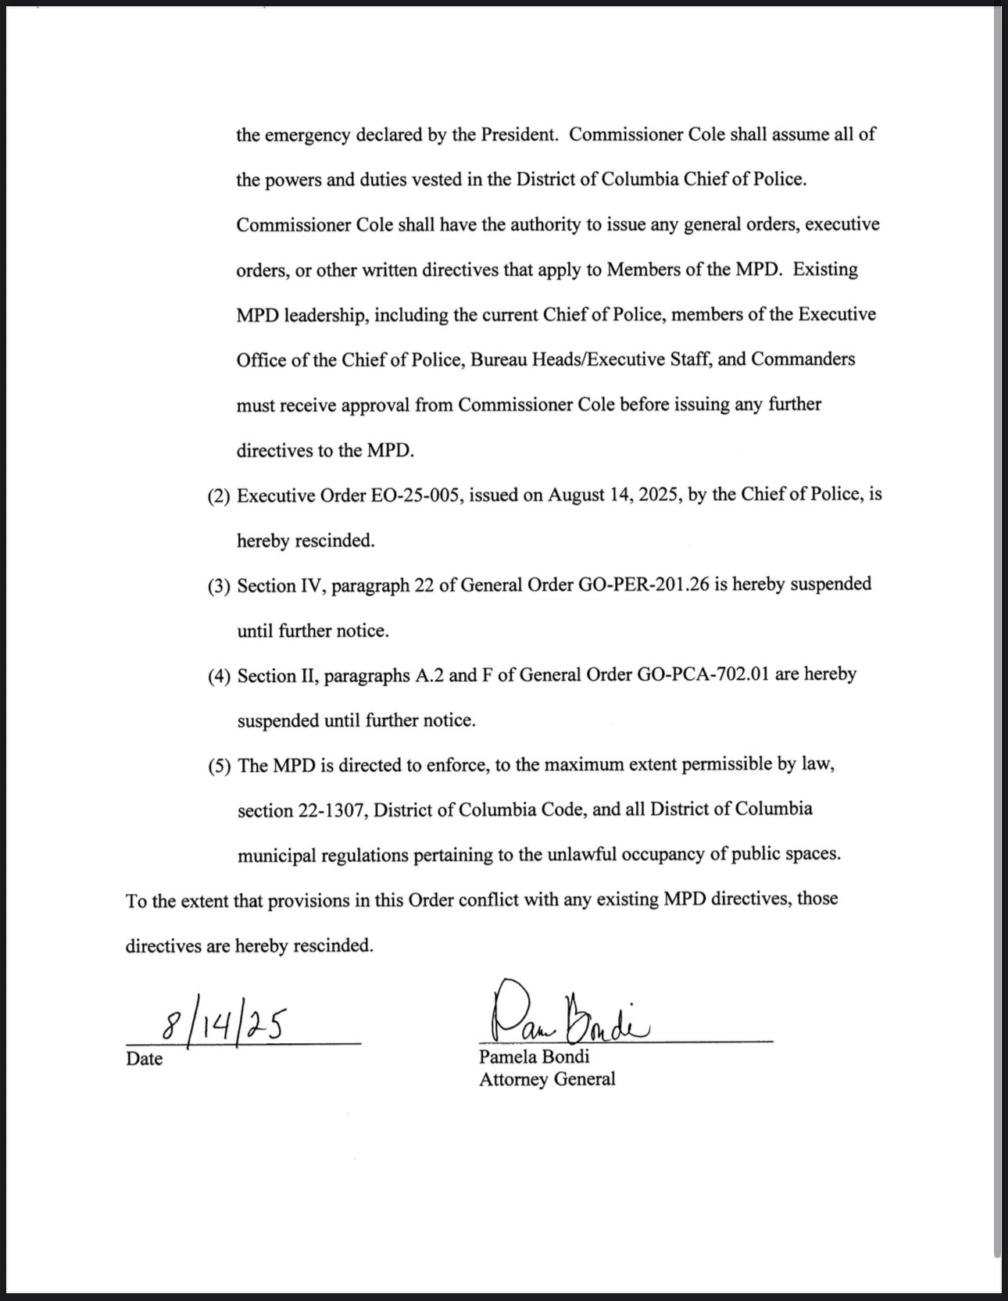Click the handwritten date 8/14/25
coord(221,1024)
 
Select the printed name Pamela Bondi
coord(534,1057)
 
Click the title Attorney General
coord(547,1079)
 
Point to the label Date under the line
coord(145,1059)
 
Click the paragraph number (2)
coord(219,496)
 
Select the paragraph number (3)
coord(219,586)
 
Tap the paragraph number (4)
coord(219,676)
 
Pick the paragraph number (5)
coord(219,766)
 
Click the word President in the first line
coord(518,134)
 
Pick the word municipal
coord(275,856)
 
